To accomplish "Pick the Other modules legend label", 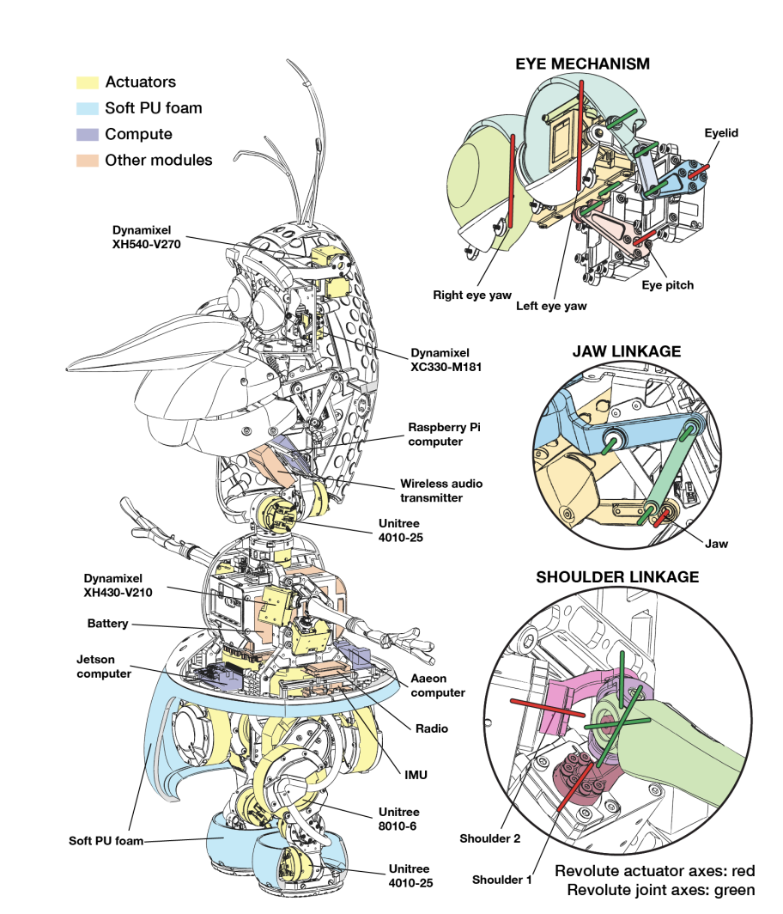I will coord(158,160).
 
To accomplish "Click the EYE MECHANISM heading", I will coord(581,64).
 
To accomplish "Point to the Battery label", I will coord(107,624).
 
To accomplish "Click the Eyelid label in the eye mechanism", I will coord(721,133).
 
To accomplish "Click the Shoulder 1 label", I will coord(501,880).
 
